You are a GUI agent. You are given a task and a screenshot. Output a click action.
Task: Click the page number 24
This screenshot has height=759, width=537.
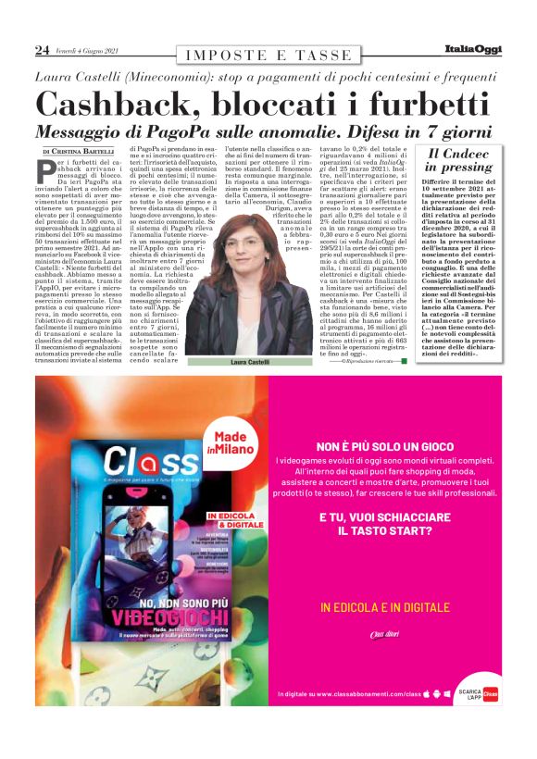click(42, 50)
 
